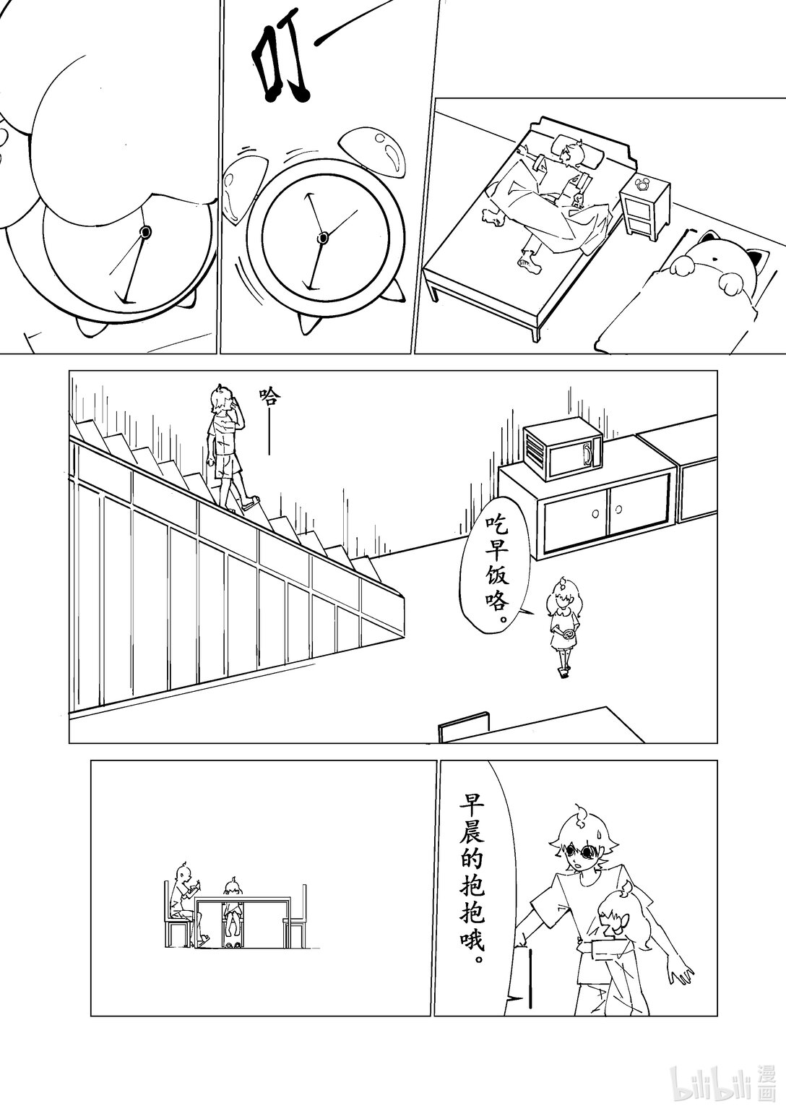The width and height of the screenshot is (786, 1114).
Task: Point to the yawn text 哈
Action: coord(269,395)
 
